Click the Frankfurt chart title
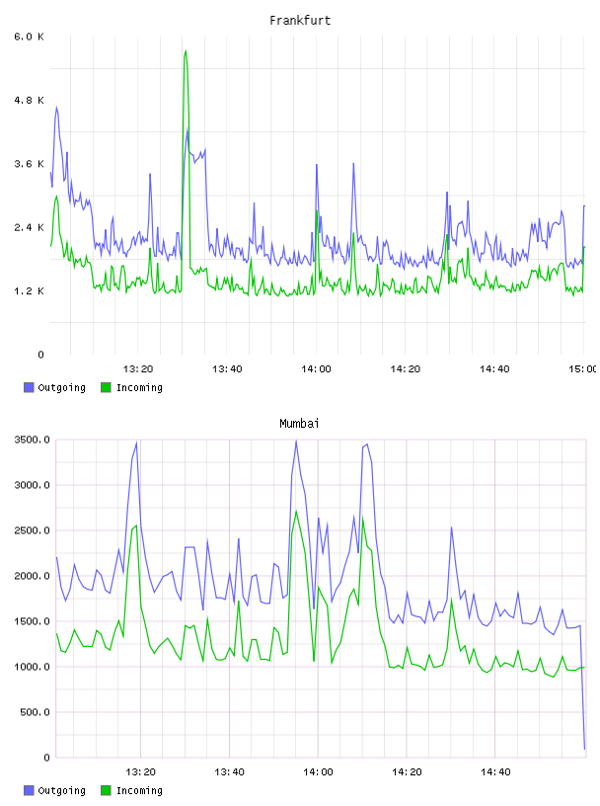point(300,21)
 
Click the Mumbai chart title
point(299,424)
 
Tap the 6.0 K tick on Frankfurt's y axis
point(29,37)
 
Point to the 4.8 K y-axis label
point(29,100)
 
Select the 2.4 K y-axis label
point(29,227)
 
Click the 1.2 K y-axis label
point(29,291)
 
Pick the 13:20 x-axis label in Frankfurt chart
point(138,368)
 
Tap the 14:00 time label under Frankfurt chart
point(316,368)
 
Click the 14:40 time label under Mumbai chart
point(495,771)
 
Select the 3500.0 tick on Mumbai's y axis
point(32,440)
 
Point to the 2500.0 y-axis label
point(32,530)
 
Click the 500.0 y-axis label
point(35,712)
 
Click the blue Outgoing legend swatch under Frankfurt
point(29,387)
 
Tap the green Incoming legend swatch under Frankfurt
point(106,387)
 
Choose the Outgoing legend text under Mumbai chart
point(61,790)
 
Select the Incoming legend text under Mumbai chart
point(139,790)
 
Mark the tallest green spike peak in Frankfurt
point(186,50)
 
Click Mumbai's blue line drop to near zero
point(584,749)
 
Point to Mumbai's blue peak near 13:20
point(136,443)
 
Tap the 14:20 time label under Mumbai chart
point(407,771)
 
